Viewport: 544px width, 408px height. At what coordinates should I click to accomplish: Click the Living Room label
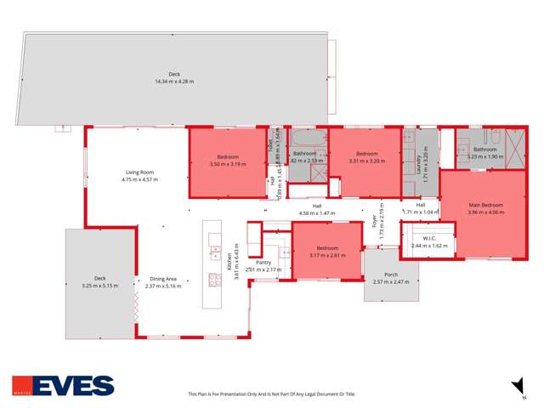pyautogui.click(x=139, y=173)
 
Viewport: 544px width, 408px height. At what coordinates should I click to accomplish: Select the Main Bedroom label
pyautogui.click(x=485, y=205)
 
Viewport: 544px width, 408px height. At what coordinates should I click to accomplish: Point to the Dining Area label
pyautogui.click(x=163, y=279)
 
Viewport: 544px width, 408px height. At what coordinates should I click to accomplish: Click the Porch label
pyautogui.click(x=391, y=275)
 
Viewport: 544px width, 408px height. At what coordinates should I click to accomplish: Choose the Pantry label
pyautogui.click(x=263, y=263)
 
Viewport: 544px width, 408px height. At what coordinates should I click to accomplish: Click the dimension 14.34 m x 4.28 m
pyautogui.click(x=174, y=82)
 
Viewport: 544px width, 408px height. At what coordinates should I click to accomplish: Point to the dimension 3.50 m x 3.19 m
pyautogui.click(x=227, y=164)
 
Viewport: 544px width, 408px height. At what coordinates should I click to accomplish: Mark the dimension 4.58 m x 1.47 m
pyautogui.click(x=316, y=212)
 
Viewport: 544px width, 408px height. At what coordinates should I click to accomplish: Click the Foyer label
pyautogui.click(x=374, y=223)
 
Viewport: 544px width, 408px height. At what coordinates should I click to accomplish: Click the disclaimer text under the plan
pyautogui.click(x=271, y=394)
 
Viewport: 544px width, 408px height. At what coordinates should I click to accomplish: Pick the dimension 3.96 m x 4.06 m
pyautogui.click(x=485, y=212)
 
